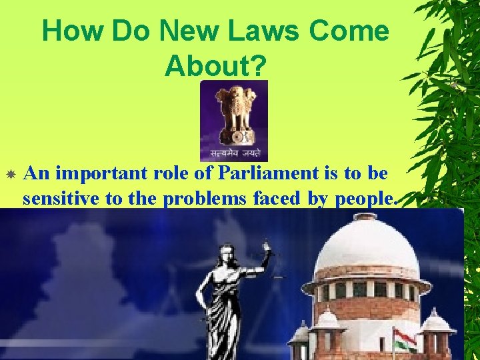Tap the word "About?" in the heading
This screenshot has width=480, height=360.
click(x=215, y=65)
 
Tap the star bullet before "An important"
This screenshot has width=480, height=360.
click(x=11, y=175)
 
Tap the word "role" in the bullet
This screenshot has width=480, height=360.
click(x=167, y=174)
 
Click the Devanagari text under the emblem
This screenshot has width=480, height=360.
click(x=233, y=153)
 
